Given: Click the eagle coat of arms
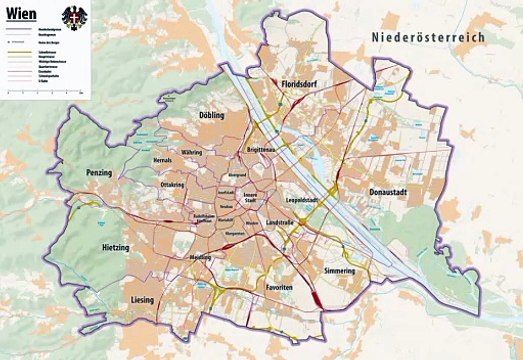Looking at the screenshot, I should [x=71, y=19].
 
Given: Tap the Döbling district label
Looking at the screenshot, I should [x=212, y=115].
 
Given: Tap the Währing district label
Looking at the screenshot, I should [x=191, y=153].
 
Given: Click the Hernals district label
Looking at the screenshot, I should [x=163, y=160].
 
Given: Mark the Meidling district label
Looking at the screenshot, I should [x=201, y=256].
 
